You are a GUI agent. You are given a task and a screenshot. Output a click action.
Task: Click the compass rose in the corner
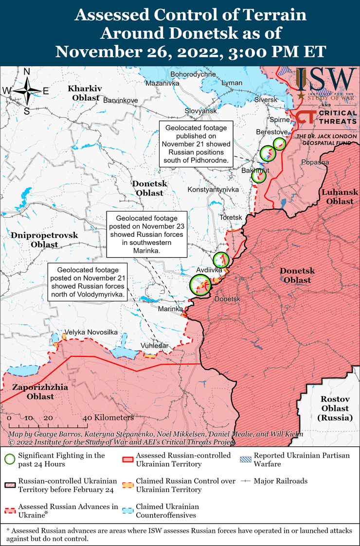[27, 91]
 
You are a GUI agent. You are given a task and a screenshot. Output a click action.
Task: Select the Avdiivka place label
[209, 269]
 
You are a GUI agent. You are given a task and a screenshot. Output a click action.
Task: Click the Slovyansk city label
[200, 111]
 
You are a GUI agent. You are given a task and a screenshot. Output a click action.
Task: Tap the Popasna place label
[315, 162]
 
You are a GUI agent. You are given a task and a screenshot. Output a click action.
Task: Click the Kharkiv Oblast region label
[85, 93]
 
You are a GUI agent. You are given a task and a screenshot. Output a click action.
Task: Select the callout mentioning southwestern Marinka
[147, 234]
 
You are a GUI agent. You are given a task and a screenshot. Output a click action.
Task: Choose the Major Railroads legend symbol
[246, 481]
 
